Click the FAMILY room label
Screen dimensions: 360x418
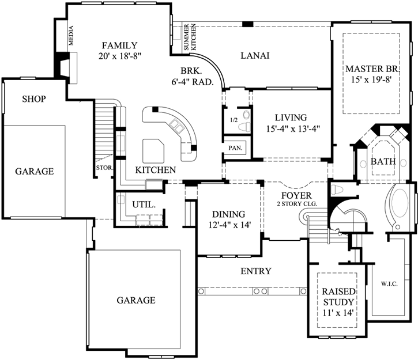119,46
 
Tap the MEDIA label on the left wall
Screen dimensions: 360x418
71,36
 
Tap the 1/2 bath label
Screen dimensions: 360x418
234,120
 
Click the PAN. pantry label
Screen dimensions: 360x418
235,147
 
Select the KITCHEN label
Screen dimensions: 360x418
155,170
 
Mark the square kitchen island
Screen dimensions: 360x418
153,150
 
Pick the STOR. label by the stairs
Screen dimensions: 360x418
104,168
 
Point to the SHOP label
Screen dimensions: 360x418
34,99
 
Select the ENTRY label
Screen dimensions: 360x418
255,271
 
